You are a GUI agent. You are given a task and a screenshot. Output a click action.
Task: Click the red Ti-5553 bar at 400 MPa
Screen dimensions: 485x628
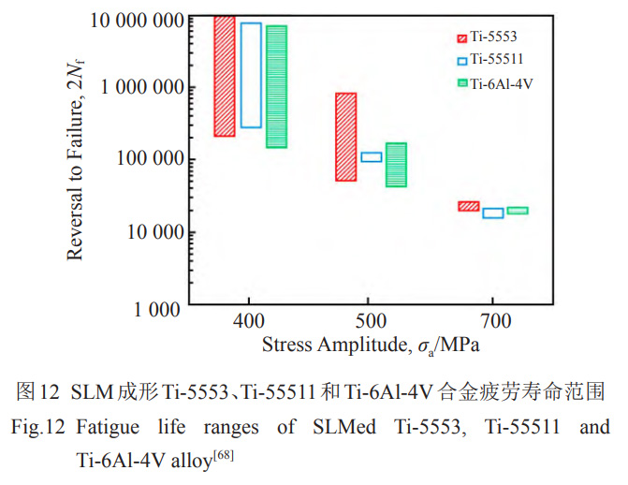click(224, 76)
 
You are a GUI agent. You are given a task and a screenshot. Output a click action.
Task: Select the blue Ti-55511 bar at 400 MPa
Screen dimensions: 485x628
click(251, 75)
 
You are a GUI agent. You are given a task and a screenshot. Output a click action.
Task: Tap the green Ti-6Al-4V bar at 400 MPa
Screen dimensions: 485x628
click(276, 86)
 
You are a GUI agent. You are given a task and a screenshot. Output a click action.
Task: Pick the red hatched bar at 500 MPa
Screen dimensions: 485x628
click(345, 137)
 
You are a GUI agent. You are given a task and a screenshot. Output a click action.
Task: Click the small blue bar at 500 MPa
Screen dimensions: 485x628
click(372, 157)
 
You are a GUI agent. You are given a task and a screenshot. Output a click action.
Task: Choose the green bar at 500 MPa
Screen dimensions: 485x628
click(396, 165)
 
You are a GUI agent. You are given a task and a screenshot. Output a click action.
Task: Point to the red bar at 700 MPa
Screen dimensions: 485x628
click(468, 206)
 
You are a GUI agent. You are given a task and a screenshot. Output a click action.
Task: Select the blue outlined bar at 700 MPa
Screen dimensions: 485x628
click(493, 213)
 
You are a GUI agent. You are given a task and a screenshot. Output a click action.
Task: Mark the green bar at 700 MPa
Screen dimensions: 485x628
click(518, 211)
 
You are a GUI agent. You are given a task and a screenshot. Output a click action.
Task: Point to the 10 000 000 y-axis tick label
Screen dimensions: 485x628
click(136, 17)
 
